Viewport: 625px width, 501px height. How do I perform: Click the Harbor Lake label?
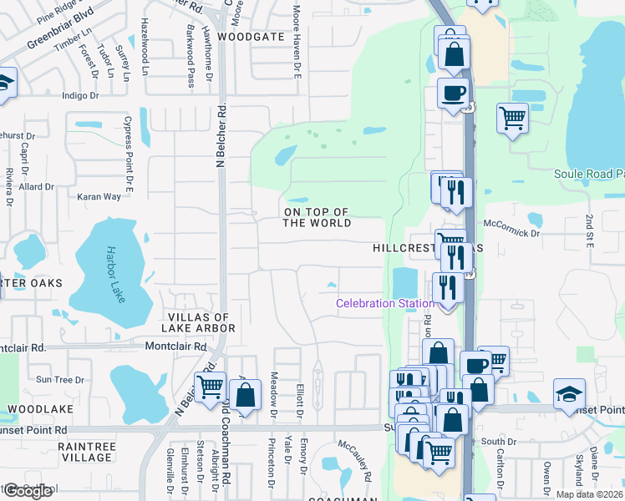115,274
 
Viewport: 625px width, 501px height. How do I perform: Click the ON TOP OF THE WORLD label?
317,217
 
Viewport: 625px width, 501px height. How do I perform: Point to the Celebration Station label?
385,303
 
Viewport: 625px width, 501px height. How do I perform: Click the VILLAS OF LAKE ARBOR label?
197,323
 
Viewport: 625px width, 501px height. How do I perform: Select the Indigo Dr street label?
81,96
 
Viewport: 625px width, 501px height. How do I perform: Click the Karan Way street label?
99,196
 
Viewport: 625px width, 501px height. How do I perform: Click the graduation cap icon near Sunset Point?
569,392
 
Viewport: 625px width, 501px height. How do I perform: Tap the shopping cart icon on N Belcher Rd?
210,387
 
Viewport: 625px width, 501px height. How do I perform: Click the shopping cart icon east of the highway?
512,117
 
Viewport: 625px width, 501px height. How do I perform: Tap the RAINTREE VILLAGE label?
87,452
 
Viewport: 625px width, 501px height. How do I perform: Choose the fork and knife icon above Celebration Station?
456,256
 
